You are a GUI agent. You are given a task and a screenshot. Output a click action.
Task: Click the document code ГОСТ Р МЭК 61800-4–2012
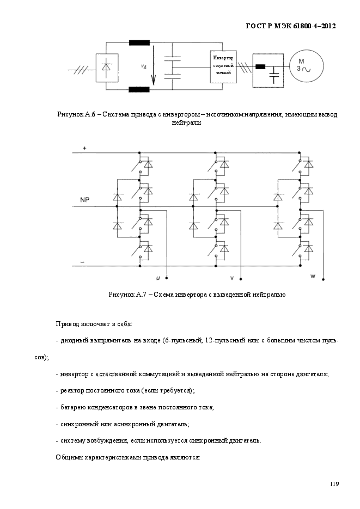click(290, 26)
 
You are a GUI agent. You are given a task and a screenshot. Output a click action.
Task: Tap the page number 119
click(334, 484)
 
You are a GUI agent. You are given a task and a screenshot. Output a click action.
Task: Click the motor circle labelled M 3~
click(307, 66)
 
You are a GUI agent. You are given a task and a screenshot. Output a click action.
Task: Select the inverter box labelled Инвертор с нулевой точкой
click(223, 66)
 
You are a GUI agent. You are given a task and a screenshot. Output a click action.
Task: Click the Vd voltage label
click(143, 66)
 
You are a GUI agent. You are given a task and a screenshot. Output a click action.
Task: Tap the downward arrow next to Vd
click(153, 64)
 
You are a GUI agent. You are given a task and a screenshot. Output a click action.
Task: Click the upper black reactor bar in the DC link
click(139, 42)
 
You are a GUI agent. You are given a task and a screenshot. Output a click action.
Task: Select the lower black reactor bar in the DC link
click(139, 90)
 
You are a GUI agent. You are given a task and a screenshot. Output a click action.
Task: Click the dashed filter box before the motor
click(268, 71)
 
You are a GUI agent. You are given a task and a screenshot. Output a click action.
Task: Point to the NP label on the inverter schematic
click(85, 200)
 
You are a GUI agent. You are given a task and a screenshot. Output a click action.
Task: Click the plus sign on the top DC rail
click(84, 149)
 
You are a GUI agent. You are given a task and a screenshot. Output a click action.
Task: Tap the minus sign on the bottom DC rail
click(82, 262)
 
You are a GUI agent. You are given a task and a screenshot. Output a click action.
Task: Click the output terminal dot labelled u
click(167, 278)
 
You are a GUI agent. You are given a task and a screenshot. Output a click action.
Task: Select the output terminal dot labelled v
click(241, 279)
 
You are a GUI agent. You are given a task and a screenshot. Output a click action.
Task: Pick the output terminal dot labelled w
click(324, 279)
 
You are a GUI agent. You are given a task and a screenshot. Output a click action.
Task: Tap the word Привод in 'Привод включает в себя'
click(68, 324)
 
